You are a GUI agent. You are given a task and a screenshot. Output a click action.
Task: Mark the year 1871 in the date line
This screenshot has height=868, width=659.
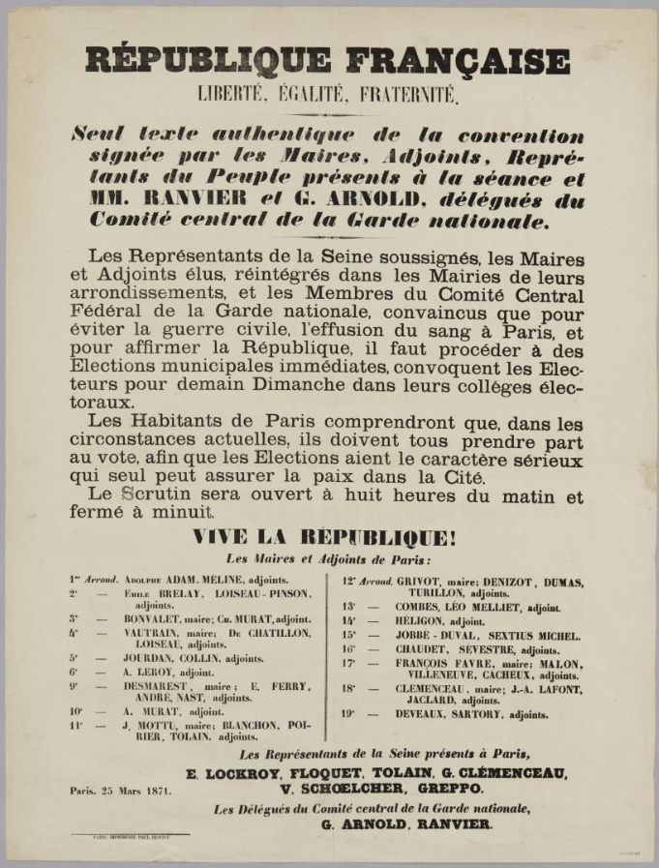pyautogui.click(x=155, y=791)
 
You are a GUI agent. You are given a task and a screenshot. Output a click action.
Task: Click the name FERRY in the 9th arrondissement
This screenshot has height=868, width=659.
pyautogui.click(x=289, y=686)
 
